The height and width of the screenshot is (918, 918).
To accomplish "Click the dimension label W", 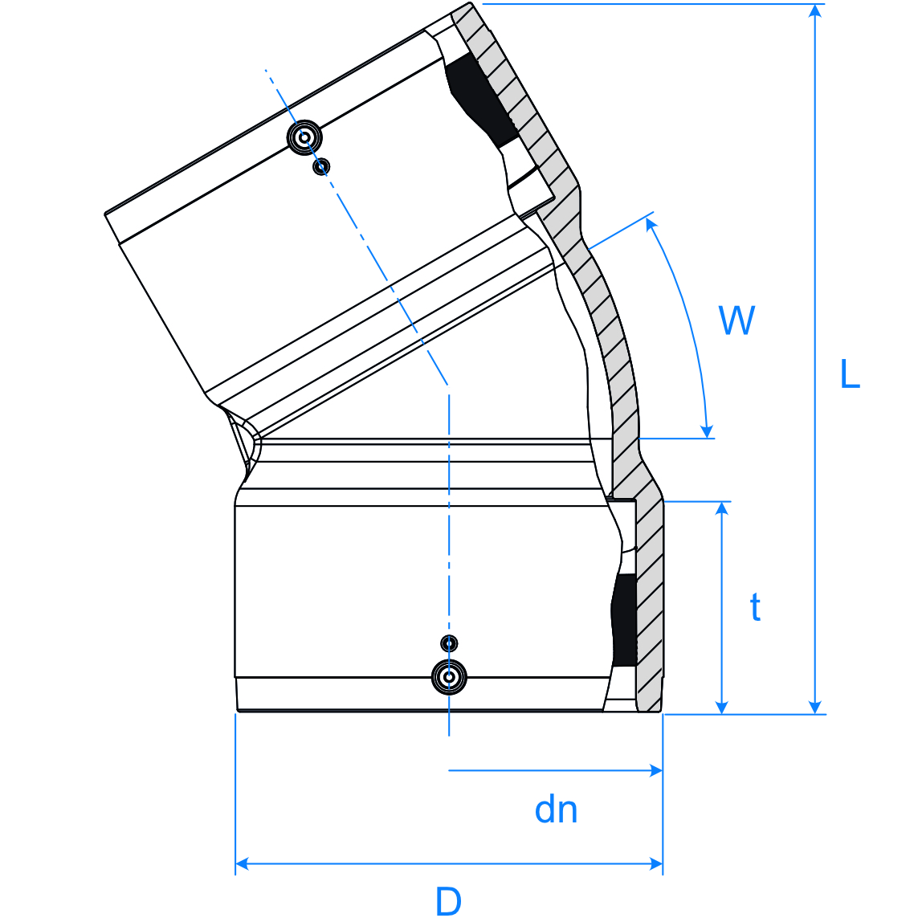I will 736,320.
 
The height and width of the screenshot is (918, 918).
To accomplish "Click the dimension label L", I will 850,374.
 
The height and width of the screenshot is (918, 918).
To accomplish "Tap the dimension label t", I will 755,608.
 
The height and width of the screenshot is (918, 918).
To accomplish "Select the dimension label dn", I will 556,810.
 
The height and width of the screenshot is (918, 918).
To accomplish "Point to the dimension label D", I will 448,901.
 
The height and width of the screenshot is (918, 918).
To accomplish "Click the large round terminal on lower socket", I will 450,677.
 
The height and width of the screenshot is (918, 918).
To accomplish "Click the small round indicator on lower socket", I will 450,643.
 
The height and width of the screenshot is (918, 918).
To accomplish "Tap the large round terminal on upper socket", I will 305,137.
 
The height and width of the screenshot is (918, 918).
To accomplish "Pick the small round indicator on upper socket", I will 321,166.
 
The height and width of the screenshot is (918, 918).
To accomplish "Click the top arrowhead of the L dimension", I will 816,10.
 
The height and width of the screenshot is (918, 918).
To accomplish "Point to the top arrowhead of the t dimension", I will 723,508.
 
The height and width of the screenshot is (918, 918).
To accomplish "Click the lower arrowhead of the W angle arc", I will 706,431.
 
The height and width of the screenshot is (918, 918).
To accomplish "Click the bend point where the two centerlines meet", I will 449,385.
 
